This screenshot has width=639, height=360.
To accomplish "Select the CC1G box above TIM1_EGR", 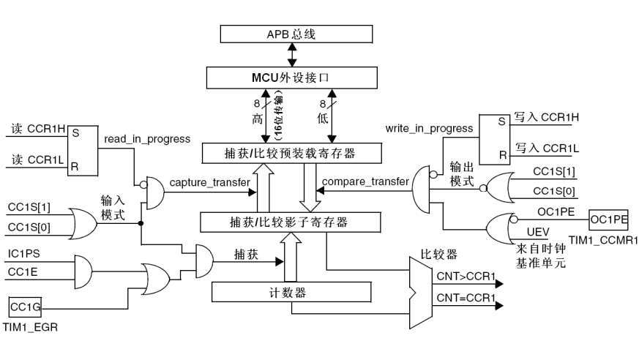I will pyautogui.click(x=25, y=304).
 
